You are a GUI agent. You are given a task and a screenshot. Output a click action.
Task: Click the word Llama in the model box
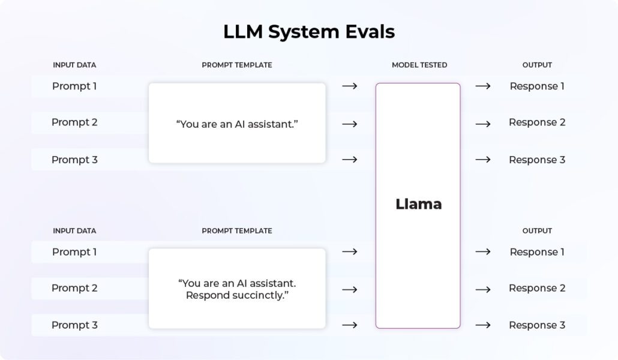(x=418, y=204)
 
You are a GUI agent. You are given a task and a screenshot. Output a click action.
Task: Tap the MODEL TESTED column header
(x=419, y=65)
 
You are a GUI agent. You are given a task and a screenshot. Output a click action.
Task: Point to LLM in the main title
(x=243, y=32)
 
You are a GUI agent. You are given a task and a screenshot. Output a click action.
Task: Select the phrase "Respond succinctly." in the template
(x=238, y=295)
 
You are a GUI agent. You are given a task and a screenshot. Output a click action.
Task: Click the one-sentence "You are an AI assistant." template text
(x=237, y=124)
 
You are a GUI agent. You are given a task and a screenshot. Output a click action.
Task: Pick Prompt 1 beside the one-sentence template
(x=74, y=86)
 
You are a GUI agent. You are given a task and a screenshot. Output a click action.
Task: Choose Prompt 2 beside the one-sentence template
(x=74, y=122)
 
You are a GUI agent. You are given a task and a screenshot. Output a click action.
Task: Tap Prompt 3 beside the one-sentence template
(x=74, y=160)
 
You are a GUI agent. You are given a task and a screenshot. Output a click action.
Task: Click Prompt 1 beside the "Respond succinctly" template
(x=74, y=252)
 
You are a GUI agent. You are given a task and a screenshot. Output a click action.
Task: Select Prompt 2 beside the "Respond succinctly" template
(x=74, y=288)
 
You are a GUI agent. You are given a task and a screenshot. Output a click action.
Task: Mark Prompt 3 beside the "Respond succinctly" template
(x=74, y=325)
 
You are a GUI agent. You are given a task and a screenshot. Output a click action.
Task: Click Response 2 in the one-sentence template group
(x=537, y=122)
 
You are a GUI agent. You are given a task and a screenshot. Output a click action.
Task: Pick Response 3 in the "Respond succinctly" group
(x=537, y=325)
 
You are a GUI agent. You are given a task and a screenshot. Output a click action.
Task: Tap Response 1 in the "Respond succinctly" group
(x=537, y=252)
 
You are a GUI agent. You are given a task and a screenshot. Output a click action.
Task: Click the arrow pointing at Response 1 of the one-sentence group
(x=483, y=86)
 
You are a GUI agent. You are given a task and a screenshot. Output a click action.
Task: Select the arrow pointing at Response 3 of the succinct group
(x=483, y=325)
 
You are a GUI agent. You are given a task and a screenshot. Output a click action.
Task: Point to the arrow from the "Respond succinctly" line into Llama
(x=350, y=289)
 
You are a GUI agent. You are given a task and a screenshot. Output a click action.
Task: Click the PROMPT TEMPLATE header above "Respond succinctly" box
(x=237, y=231)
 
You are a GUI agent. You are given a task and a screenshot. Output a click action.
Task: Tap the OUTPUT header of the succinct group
(x=537, y=231)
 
